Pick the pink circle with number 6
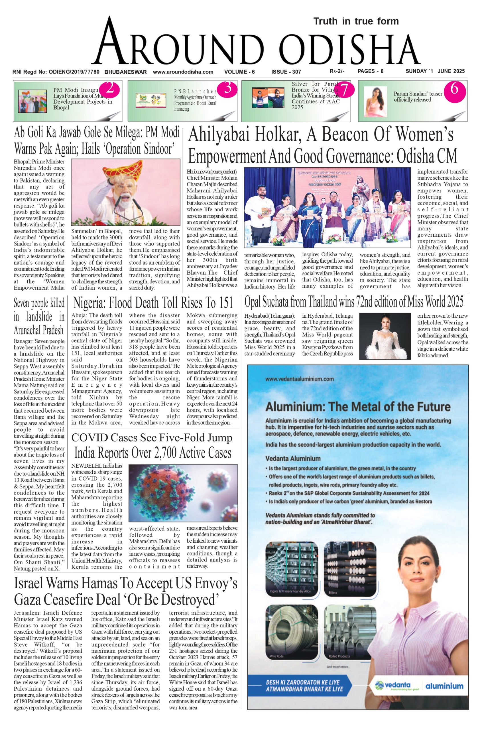[x=455, y=89]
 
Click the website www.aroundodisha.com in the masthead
[x=183, y=72]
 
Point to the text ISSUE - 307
[x=286, y=72]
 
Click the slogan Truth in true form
[x=356, y=21]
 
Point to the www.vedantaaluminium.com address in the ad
[x=299, y=379]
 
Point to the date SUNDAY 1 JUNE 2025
[x=435, y=71]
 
